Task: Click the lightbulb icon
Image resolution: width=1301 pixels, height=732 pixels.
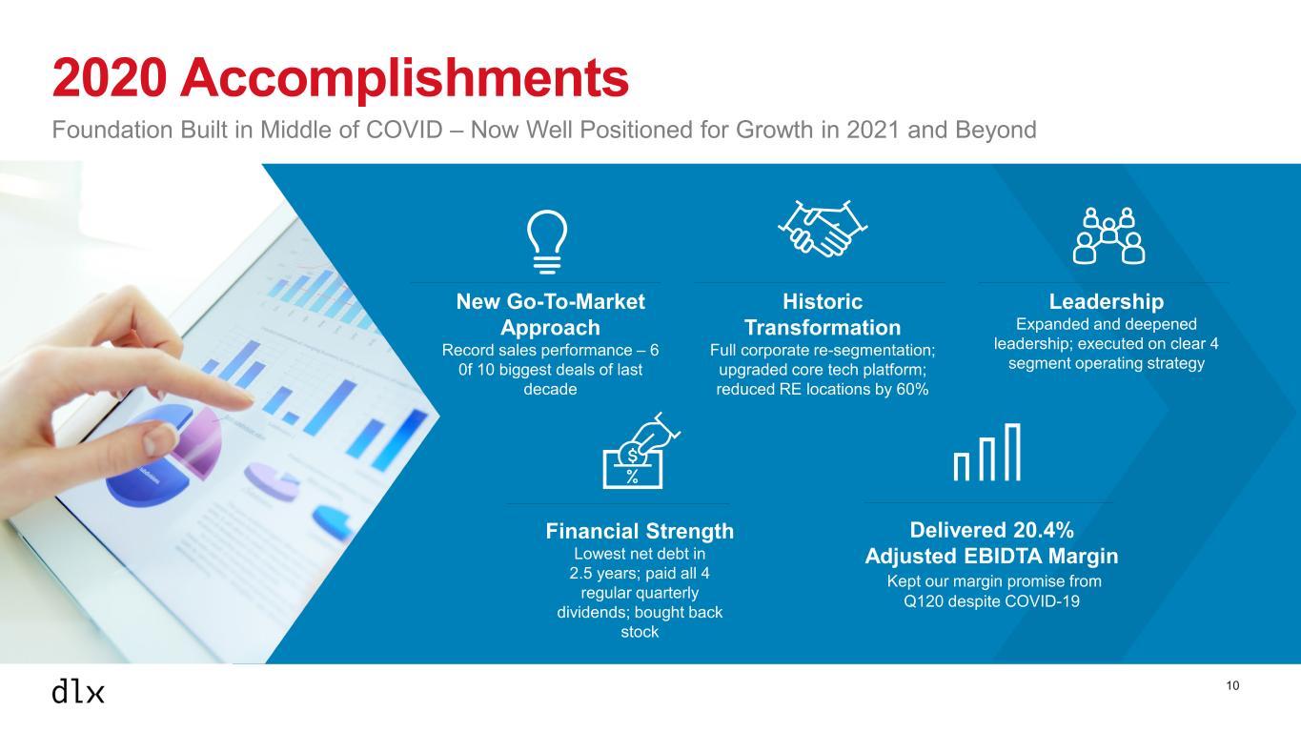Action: pyautogui.click(x=546, y=242)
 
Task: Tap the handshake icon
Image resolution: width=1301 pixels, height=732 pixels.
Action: pyautogui.click(x=823, y=229)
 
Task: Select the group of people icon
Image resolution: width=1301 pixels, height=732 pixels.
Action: pyautogui.click(x=1108, y=235)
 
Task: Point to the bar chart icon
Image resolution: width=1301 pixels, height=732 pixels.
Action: pyautogui.click(x=986, y=453)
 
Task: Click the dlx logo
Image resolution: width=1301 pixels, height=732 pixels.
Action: pyautogui.click(x=78, y=691)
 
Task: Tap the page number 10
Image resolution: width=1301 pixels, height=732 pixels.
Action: pyautogui.click(x=1232, y=686)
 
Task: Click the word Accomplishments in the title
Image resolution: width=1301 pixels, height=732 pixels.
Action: pyautogui.click(x=404, y=79)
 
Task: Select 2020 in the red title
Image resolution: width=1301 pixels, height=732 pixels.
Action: pyautogui.click(x=110, y=78)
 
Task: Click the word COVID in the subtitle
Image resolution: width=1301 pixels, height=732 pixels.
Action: pyautogui.click(x=404, y=130)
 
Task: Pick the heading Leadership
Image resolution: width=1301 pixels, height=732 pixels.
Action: pyautogui.click(x=1107, y=301)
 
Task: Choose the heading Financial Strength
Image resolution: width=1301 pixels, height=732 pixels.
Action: pyautogui.click(x=640, y=531)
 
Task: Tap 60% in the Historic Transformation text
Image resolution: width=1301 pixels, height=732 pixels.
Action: pyautogui.click(x=912, y=389)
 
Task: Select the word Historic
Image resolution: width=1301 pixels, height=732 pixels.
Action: pyautogui.click(x=823, y=301)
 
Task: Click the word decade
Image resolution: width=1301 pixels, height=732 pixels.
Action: pyautogui.click(x=550, y=389)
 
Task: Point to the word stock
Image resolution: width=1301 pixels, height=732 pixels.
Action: pyautogui.click(x=640, y=632)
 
